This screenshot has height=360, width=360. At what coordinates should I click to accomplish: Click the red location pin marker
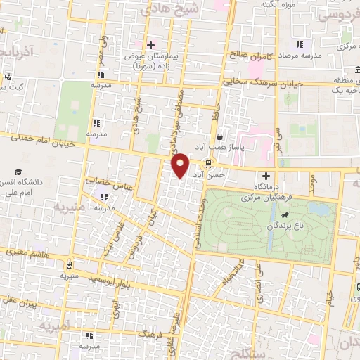[180, 165]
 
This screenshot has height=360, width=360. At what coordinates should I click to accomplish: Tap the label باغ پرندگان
[289, 226]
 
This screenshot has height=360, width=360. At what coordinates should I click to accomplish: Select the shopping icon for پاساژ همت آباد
[221, 136]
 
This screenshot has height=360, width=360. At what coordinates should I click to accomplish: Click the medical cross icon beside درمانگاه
[266, 176]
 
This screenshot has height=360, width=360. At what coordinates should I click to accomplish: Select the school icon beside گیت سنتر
[7, 77]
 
